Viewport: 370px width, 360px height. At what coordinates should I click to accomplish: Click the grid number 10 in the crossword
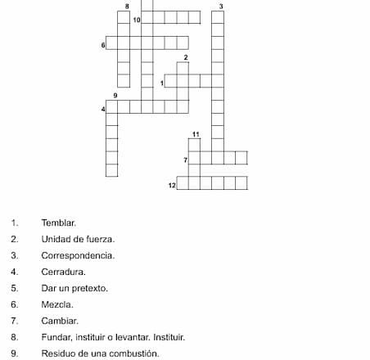pos(135,19)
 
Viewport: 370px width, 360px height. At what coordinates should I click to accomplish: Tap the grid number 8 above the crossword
pos(126,6)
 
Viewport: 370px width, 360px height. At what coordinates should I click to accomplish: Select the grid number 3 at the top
pos(220,6)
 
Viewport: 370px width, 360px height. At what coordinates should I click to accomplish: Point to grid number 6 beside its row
pos(103,44)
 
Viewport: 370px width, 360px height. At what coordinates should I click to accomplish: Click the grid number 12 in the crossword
pos(171,186)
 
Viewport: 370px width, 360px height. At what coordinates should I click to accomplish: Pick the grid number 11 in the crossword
pos(196,133)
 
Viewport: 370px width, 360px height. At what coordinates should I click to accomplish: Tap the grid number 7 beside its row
pos(186,159)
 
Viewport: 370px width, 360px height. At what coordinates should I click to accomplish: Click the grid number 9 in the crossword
pos(115,95)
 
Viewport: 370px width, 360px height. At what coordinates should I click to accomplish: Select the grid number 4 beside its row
pos(103,109)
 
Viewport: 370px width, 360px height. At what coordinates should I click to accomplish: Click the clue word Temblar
pos(59,223)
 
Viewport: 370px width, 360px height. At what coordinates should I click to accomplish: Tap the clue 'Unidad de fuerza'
pos(78,239)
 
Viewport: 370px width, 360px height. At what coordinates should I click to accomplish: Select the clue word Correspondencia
pos(78,255)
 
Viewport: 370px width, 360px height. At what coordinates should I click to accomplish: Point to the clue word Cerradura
pos(63,272)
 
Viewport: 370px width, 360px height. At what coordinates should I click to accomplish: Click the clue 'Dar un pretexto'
pos(74,288)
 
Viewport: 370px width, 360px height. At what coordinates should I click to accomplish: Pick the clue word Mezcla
pos(57,304)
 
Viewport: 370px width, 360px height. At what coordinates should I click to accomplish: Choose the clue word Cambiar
pos(59,321)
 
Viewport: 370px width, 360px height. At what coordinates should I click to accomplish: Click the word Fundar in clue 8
pos(56,337)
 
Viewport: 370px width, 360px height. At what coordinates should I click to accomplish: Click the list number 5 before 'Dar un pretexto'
pos(15,288)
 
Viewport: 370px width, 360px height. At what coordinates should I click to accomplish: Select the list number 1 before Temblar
pos(15,223)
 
